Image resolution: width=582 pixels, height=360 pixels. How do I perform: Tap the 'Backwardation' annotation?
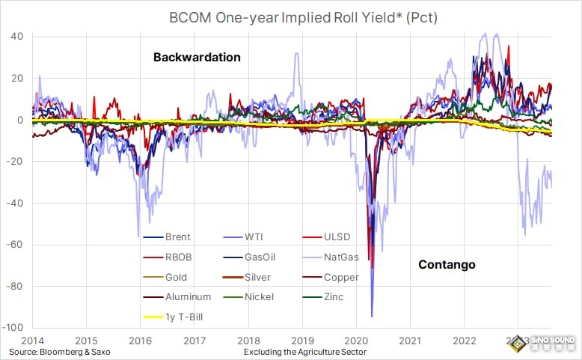pyautogui.click(x=197, y=58)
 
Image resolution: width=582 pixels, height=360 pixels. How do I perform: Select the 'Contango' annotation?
pyautogui.click(x=447, y=264)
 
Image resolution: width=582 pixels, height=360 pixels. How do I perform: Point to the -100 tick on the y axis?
pyautogui.click(x=16, y=328)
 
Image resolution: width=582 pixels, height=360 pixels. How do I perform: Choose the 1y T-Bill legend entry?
pyautogui.click(x=183, y=317)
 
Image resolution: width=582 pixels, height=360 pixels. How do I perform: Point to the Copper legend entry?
pyautogui.click(x=341, y=277)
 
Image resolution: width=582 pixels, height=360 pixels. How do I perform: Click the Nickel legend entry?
pyautogui.click(x=259, y=296)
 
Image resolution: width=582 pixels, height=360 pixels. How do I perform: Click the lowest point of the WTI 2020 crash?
pyautogui.click(x=372, y=317)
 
